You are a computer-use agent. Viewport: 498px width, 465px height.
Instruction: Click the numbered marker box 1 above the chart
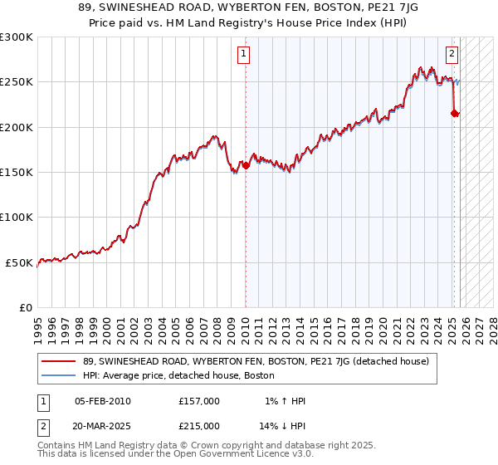tap(244, 55)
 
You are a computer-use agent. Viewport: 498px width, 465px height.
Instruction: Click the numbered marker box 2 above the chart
tap(452, 55)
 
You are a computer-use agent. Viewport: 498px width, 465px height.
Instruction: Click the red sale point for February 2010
tap(246, 165)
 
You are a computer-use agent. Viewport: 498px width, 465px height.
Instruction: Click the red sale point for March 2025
tap(454, 113)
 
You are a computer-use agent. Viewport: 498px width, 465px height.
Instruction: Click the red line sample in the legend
tap(60, 361)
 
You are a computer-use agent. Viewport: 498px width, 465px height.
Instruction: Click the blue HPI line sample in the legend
tap(60, 376)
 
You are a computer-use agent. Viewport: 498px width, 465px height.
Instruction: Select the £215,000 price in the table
tap(199, 425)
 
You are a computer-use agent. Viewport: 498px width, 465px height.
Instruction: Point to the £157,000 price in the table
tap(199, 401)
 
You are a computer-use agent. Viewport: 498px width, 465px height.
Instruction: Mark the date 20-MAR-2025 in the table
tap(103, 425)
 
